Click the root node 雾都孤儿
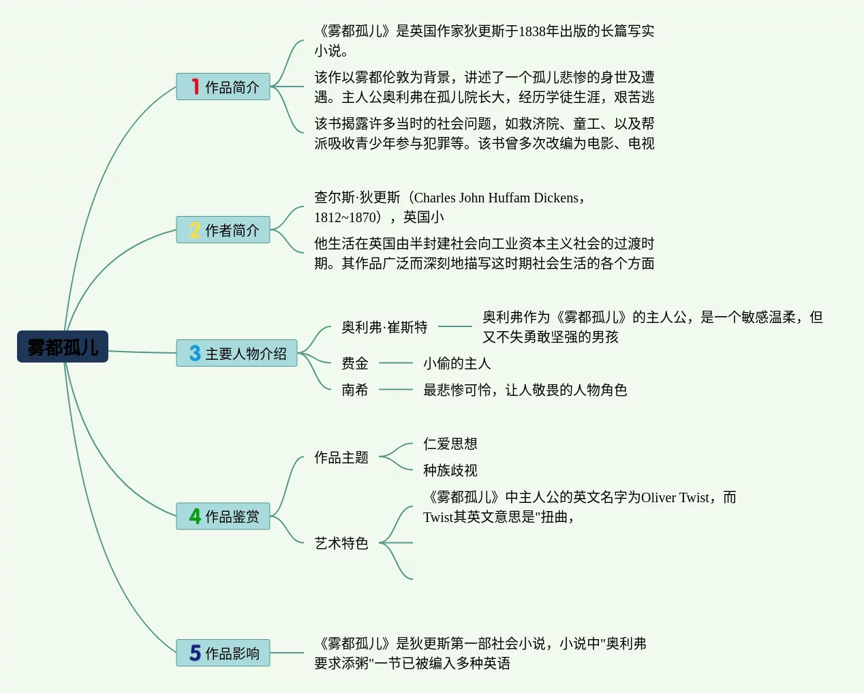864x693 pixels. (63, 347)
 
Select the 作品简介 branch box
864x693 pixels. (223, 87)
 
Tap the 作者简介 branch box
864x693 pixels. (223, 230)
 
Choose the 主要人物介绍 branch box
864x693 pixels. (236, 353)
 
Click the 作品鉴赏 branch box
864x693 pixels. (223, 516)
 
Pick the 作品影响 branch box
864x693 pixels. (223, 653)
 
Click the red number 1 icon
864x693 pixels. (196, 87)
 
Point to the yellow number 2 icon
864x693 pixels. (195, 230)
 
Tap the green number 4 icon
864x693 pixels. (195, 516)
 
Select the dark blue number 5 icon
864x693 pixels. (195, 653)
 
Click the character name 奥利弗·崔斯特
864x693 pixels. (384, 327)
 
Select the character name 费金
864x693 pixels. (354, 363)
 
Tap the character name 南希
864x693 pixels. (354, 390)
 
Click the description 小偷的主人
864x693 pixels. (457, 363)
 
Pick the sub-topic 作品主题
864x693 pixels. (341, 457)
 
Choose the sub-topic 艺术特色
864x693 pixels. (341, 543)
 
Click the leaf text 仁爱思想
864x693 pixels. (450, 444)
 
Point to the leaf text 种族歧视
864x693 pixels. (450, 470)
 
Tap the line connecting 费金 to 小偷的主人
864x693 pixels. (395, 363)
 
